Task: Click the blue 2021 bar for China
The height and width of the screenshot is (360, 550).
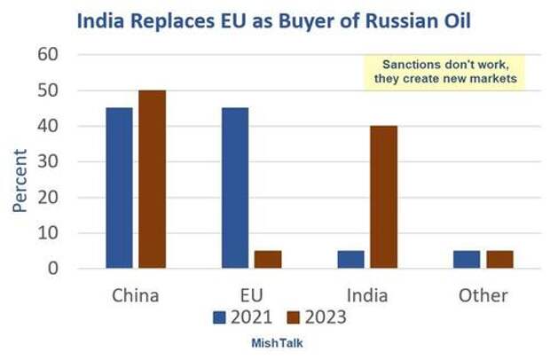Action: coord(119,187)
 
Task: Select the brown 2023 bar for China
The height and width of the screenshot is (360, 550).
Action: coord(151,178)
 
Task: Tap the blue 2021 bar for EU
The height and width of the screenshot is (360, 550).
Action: coord(235,187)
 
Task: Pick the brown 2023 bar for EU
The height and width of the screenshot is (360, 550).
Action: coord(267,259)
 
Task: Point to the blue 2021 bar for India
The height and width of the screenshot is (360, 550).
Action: coord(350,259)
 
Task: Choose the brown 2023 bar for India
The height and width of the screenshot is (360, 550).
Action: coord(383,196)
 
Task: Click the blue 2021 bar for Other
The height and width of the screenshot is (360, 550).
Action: coord(467,259)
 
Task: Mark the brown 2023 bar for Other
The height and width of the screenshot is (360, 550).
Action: coord(499,259)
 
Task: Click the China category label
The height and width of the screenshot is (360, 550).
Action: coord(136,294)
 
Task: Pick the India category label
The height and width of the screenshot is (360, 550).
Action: coord(367,294)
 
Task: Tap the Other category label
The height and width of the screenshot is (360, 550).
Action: coord(483,294)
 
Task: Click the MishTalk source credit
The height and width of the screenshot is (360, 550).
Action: coord(276,341)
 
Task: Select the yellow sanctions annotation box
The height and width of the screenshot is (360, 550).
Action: coord(444,71)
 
